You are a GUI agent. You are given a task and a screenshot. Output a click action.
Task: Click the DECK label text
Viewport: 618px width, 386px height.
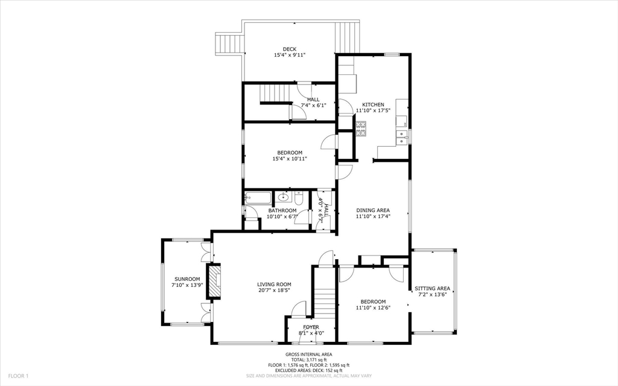pyautogui.click(x=290, y=49)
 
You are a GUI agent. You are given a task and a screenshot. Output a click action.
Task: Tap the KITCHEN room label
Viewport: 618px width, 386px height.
pyautogui.click(x=373, y=105)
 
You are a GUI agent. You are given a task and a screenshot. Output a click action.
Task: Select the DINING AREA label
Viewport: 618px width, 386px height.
pyautogui.click(x=373, y=210)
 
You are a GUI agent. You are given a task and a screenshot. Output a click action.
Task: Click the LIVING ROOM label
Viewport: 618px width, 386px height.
pyautogui.click(x=274, y=284)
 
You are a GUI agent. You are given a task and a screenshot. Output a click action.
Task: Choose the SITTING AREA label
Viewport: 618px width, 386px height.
pyautogui.click(x=433, y=288)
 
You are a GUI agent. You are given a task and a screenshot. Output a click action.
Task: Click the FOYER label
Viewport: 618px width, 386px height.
pyautogui.click(x=311, y=327)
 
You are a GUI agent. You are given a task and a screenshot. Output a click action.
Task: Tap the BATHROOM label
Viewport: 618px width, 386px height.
pyautogui.click(x=282, y=210)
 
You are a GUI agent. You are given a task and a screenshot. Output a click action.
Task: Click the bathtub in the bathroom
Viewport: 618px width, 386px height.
pyautogui.click(x=257, y=197)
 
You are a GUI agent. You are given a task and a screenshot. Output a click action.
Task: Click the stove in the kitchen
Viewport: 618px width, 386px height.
pyautogui.click(x=361, y=128)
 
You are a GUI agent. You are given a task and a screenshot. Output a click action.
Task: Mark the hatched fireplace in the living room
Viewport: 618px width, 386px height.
pyautogui.click(x=215, y=281)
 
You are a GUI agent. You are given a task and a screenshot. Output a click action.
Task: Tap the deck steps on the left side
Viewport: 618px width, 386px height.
pyautogui.click(x=229, y=44)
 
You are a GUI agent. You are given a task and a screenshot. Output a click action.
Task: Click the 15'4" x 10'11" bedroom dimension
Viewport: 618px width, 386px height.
pyautogui.click(x=290, y=159)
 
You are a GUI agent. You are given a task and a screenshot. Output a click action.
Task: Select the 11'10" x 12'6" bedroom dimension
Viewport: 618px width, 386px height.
pyautogui.click(x=373, y=307)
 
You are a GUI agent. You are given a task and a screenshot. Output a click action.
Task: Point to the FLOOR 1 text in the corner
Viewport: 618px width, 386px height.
pyautogui.click(x=19, y=376)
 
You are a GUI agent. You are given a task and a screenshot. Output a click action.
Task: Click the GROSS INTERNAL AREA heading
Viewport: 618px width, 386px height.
pyautogui.click(x=308, y=355)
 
